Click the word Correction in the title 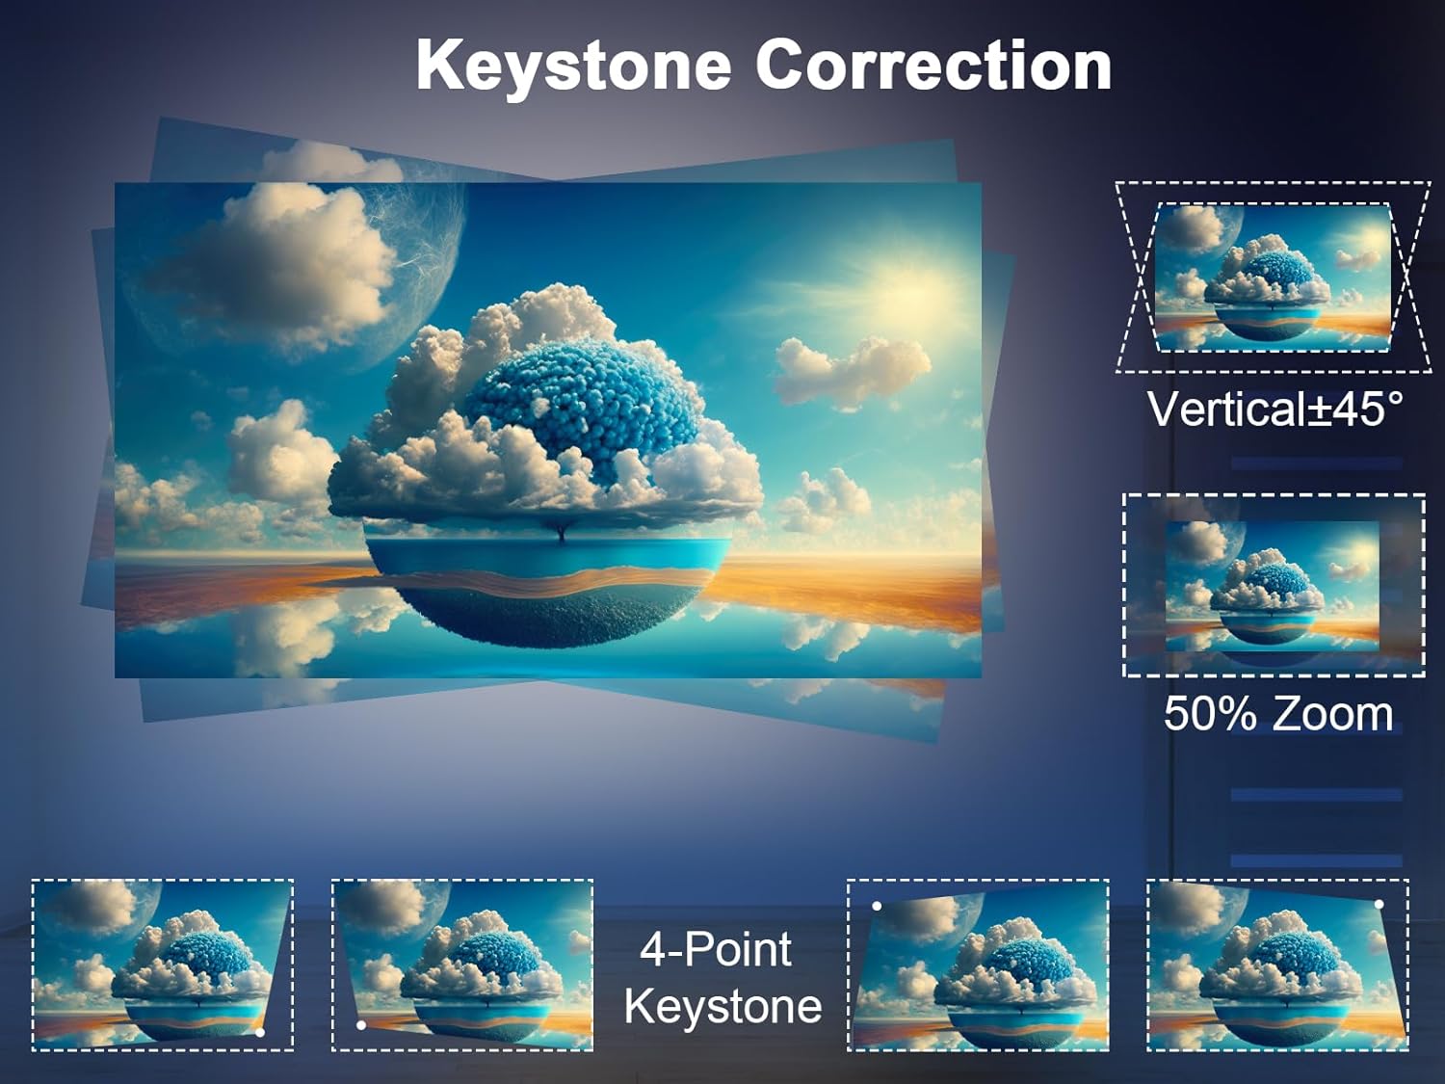point(933,65)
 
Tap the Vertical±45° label point(1274,409)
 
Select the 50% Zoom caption point(1278,714)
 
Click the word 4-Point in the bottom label point(716,949)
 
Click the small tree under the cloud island point(561,530)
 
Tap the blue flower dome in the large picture point(583,405)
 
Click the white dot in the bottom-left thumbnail point(260,1033)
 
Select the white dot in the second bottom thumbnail point(360,1025)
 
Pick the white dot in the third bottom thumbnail point(877,907)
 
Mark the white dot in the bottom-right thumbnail point(1379,905)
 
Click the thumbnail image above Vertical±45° point(1274,278)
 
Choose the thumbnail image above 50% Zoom point(1273,587)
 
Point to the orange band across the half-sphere point(546,583)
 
